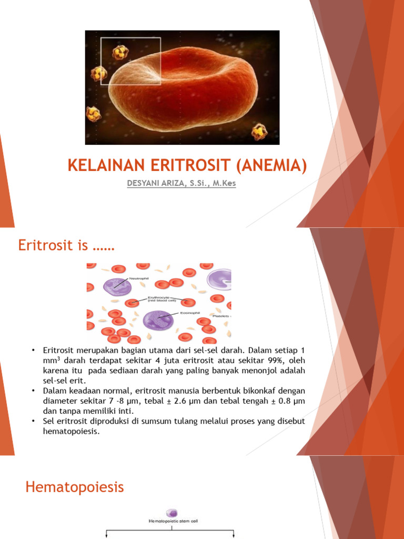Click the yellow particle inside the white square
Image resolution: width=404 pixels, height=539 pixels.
tap(120, 52)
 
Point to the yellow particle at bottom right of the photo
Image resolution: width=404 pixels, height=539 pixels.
tap(259, 131)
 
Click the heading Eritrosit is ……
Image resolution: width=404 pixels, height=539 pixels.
tap(66, 245)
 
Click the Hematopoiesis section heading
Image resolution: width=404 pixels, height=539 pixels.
tap(75, 487)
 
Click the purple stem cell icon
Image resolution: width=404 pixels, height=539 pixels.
tap(171, 512)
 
